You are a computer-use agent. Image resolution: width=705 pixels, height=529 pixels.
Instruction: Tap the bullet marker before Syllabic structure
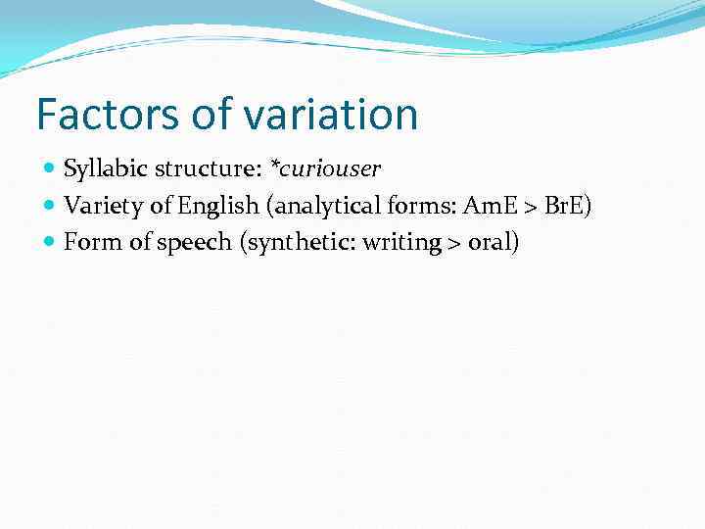pos(50,169)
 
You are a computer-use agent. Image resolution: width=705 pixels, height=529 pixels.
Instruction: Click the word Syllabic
pos(102,169)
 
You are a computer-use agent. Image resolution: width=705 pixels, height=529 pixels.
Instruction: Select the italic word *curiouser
pos(325,169)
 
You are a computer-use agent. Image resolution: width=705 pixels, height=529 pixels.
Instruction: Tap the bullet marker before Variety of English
pos(50,206)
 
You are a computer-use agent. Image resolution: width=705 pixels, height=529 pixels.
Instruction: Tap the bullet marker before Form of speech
pos(50,242)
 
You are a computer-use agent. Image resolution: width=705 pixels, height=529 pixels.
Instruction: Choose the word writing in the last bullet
pos(400,242)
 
